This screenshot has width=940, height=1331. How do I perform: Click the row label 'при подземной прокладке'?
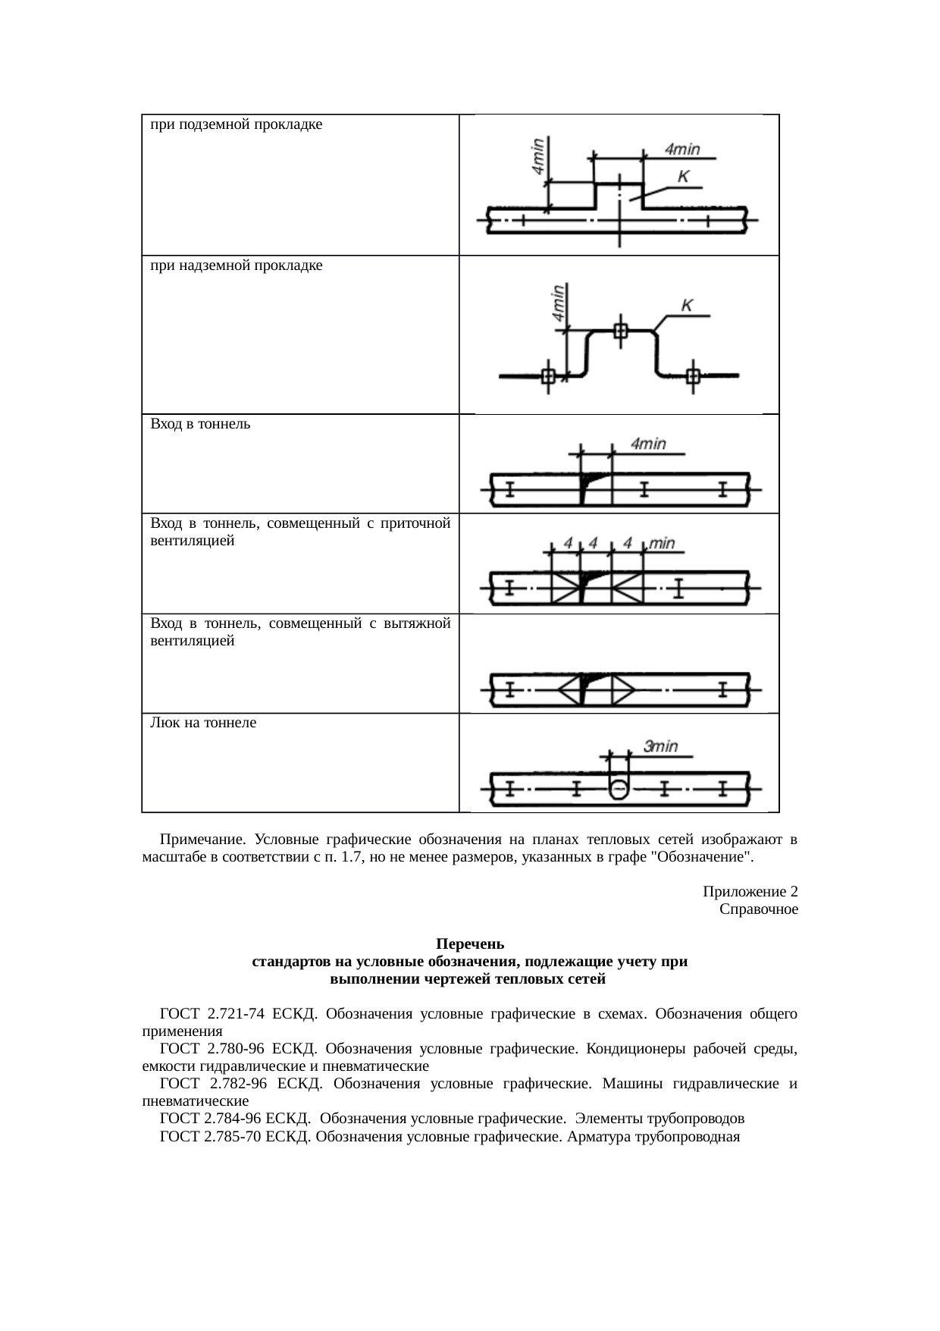click(x=237, y=124)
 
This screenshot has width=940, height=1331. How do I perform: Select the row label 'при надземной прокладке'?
click(x=237, y=265)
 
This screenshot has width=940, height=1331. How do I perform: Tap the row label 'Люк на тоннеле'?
click(x=203, y=723)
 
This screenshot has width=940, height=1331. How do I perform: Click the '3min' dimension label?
click(x=660, y=746)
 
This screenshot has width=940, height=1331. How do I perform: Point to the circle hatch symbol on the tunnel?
click(x=619, y=789)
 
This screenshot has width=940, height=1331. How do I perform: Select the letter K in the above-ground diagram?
click(x=687, y=305)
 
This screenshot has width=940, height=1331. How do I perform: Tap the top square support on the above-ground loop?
click(x=621, y=330)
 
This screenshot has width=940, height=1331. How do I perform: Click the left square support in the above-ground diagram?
click(x=549, y=375)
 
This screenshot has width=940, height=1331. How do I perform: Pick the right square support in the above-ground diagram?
click(x=692, y=375)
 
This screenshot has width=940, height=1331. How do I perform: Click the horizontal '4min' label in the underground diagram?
click(x=682, y=149)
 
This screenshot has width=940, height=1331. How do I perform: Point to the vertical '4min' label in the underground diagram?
click(x=538, y=156)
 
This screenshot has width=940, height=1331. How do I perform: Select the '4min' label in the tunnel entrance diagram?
click(x=648, y=444)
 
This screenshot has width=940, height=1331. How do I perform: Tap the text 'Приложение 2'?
click(x=750, y=891)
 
